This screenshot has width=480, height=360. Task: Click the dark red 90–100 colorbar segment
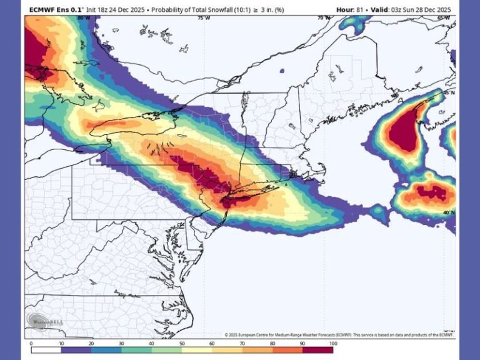point(317,349)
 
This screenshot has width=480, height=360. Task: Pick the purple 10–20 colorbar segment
point(76,349)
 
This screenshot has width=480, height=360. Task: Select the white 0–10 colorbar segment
point(46,349)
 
